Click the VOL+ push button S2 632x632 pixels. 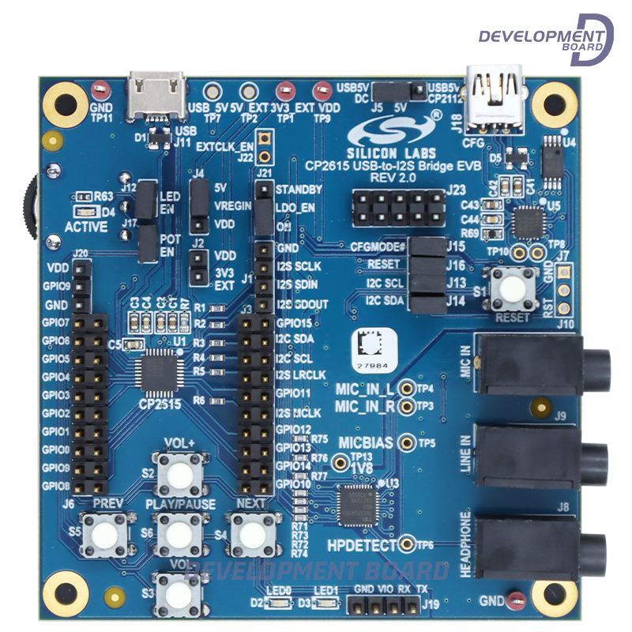point(179,473)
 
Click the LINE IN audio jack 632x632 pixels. point(545,456)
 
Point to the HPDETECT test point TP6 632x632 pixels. point(407,544)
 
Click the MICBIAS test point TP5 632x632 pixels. point(408,442)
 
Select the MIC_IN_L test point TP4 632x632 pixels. point(408,389)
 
